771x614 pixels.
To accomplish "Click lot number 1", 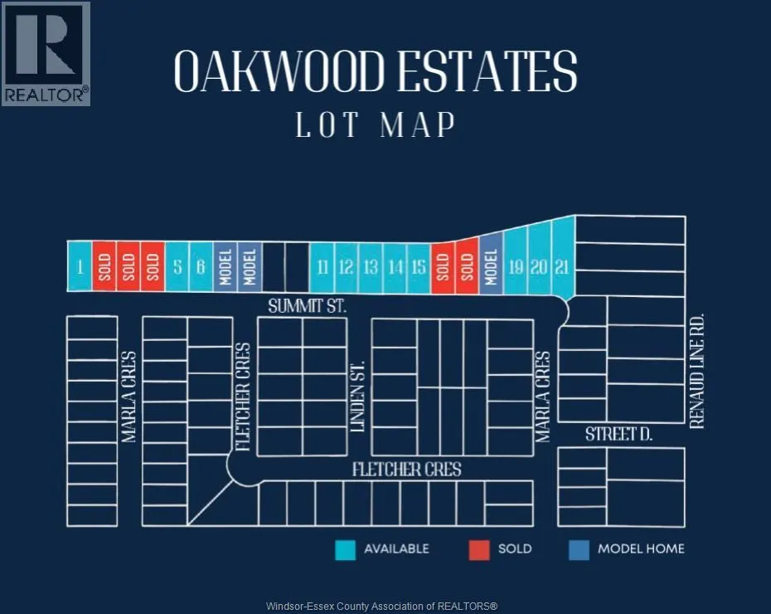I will pos(80,266).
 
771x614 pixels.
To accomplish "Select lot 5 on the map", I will pos(177,266).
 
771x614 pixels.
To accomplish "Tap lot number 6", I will pos(201,266).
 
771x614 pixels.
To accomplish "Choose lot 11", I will pos(322,266).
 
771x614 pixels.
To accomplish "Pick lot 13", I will pos(371,266).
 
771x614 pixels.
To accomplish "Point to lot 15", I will pos(419,266).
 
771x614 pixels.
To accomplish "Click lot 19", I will pos(516,266).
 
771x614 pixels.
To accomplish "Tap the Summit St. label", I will pos(307,306).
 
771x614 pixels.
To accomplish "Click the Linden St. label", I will pos(358,395).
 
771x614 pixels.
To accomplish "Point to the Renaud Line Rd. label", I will pos(696,370).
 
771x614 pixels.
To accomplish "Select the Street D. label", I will pos(620,434).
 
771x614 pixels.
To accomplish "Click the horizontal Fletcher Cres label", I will pos(406,470).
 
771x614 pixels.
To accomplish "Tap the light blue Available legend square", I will pos(345,549).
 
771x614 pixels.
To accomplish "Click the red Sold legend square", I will pos(478,549).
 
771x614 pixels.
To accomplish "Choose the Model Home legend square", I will pos(579,549).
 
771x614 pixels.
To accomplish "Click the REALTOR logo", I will pos(46,53).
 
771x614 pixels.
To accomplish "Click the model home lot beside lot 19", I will pos(491,266).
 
